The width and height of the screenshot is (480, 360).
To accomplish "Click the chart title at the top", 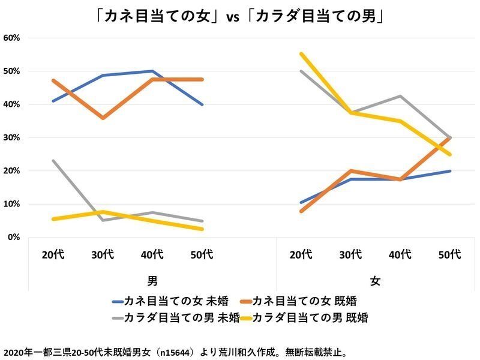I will pos(240,17).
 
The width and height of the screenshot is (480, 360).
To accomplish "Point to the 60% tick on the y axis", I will pos(12,38).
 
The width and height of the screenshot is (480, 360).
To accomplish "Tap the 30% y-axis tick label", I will pos(12,137).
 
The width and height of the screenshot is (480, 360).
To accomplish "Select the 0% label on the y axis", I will pos(14,238).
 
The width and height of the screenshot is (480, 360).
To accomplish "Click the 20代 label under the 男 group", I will pos(53,254).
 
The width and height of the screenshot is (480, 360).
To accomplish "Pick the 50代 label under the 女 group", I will pos(449,254).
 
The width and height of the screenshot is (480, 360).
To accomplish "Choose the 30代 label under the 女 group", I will pos(350,254).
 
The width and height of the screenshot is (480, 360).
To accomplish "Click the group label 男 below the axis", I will pos(152,280).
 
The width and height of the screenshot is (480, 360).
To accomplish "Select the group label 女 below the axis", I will pos(375,280).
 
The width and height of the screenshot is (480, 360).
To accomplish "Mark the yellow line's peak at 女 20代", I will pos(301,54).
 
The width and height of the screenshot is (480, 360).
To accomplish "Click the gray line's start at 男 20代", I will pos(53,161).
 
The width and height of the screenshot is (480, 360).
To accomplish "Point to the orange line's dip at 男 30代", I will pos(103,118).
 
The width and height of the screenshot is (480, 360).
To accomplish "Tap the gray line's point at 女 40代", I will pos(400,96).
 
